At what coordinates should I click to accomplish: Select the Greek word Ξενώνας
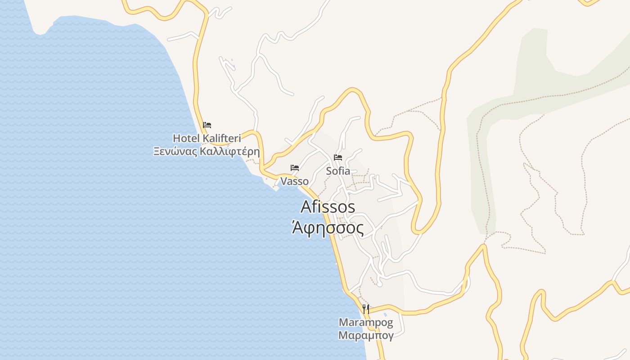pyautogui.click(x=175, y=151)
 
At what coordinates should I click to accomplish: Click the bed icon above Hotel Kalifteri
pyautogui.click(x=207, y=125)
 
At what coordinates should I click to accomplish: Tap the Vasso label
pyautogui.click(x=294, y=181)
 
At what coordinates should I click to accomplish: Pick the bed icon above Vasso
pyautogui.click(x=295, y=168)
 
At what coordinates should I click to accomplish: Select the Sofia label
pyautogui.click(x=338, y=171)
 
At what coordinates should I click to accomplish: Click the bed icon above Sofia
pyautogui.click(x=338, y=157)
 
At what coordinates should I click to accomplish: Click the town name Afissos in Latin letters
pyautogui.click(x=328, y=207)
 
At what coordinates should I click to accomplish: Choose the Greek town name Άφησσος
pyautogui.click(x=328, y=229)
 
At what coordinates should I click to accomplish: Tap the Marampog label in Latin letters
pyautogui.click(x=366, y=323)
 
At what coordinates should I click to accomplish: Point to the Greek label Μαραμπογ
pyautogui.click(x=366, y=335)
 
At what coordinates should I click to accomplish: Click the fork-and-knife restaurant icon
pyautogui.click(x=366, y=309)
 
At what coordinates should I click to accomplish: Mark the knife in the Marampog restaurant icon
pyautogui.click(x=368, y=309)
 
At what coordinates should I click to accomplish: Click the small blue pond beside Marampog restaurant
pyautogui.click(x=385, y=314)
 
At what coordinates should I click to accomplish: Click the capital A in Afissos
pyautogui.click(x=306, y=207)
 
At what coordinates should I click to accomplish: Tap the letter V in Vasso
pyautogui.click(x=283, y=181)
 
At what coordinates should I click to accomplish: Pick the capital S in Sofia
pyautogui.click(x=329, y=171)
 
